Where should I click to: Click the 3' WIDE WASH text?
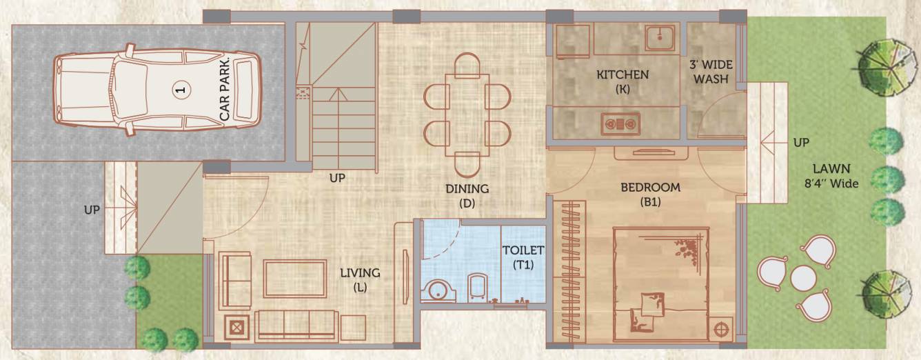pos(711,72)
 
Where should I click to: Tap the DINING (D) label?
pos(467,195)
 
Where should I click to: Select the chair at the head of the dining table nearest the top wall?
pos(467,64)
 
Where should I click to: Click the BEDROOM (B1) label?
pos(649,194)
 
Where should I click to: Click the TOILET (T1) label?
pos(523,257)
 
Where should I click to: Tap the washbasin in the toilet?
pos(436,290)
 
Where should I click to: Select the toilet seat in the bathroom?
pos(478,286)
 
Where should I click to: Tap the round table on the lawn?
pos(803,277)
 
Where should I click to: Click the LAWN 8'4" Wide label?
pos(831,176)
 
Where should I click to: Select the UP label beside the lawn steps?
pos(801,143)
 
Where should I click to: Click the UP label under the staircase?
pos(337,178)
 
